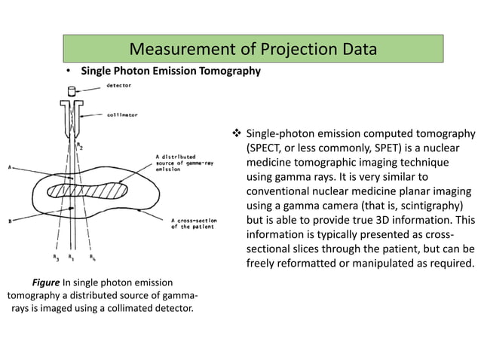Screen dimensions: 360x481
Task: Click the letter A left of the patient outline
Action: [x=10, y=167]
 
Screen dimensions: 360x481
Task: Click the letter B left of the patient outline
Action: [x=10, y=221]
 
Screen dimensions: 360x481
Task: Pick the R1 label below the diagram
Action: [x=72, y=258]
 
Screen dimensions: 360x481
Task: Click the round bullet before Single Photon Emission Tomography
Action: [x=67, y=72]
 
